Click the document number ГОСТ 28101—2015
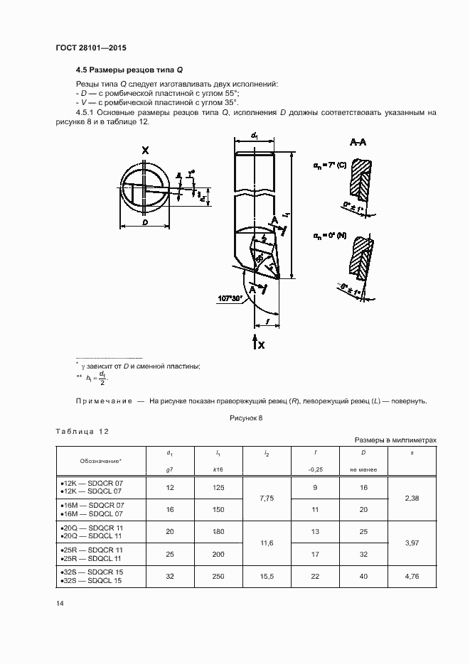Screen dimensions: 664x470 (x=85, y=49)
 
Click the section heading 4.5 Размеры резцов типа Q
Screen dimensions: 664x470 (x=130, y=71)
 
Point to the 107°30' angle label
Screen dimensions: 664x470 (x=229, y=297)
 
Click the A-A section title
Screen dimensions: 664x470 (x=358, y=142)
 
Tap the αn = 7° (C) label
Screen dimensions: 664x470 (x=329, y=165)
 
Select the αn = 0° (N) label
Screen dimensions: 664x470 (x=329, y=234)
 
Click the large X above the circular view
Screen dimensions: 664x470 (x=145, y=150)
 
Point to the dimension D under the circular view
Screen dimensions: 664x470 (x=145, y=222)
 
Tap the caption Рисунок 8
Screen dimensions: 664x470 (x=246, y=418)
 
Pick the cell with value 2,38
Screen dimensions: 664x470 (x=411, y=499)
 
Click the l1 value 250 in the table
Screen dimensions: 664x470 (x=218, y=577)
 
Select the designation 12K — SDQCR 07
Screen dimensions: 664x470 (x=92, y=482)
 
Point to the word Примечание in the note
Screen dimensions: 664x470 (x=104, y=401)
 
